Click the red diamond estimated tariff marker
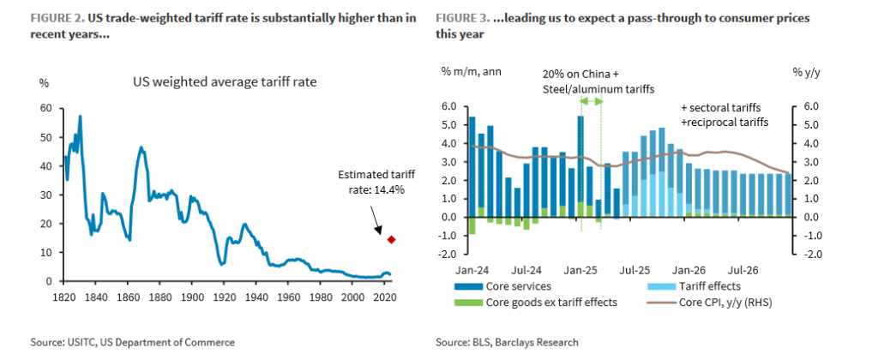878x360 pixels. pyautogui.click(x=392, y=240)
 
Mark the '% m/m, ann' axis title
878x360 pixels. pyautogui.click(x=472, y=70)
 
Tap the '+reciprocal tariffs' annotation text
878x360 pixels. pyautogui.click(x=722, y=122)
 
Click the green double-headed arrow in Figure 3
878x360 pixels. pyautogui.click(x=592, y=101)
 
